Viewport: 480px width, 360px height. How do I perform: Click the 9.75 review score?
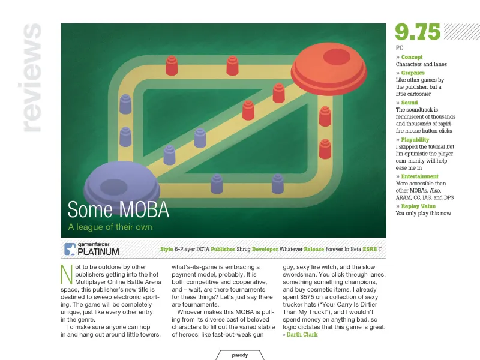click(418, 32)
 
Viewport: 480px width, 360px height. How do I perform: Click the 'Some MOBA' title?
click(118, 209)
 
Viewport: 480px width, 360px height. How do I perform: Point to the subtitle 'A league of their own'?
click(110, 227)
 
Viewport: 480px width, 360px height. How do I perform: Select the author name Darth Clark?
click(302, 335)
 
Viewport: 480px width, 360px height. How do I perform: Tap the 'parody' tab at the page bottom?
click(240, 355)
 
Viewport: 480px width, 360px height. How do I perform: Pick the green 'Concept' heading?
click(411, 58)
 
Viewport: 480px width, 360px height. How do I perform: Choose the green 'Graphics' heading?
click(412, 73)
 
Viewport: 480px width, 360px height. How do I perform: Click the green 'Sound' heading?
click(409, 103)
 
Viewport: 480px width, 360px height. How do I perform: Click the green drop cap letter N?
click(67, 273)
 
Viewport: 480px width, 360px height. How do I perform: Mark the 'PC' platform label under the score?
click(400, 47)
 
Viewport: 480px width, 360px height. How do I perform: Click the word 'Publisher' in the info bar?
click(223, 248)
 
